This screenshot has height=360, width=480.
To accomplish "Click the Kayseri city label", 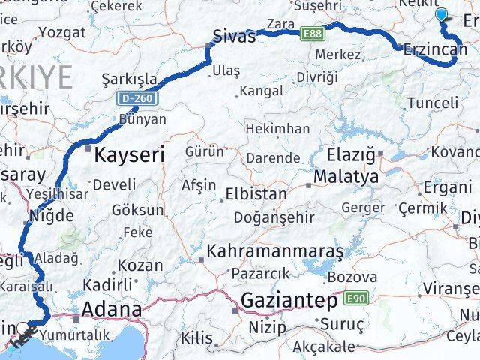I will (x=128, y=155).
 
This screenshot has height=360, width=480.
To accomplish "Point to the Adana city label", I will (x=110, y=309).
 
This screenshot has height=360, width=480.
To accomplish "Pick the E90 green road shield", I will (x=356, y=298).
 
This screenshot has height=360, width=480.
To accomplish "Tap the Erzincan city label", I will (x=430, y=49).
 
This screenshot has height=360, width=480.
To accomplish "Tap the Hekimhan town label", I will (x=277, y=129).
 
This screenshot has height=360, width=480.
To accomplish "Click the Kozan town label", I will (x=139, y=265).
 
